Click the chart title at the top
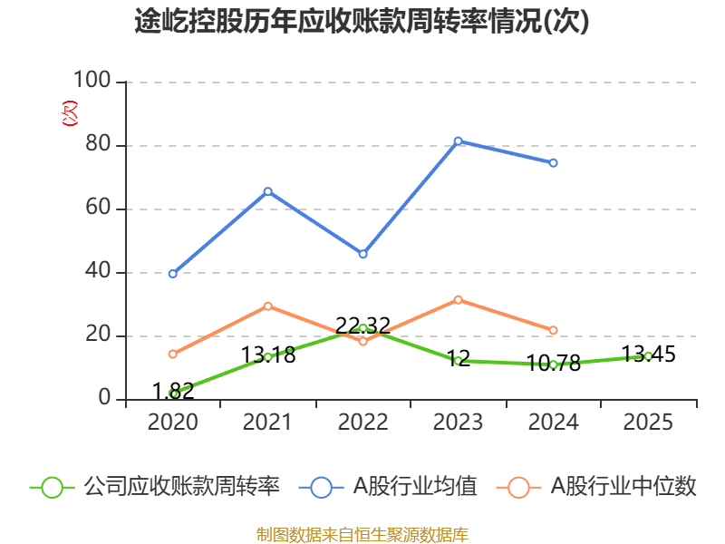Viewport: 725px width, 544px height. coord(362,22)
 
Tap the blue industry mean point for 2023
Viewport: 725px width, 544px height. coord(459,141)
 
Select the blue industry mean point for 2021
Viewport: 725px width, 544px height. coord(268,191)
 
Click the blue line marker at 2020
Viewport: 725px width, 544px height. coord(173,273)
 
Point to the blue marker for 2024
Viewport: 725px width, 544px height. coord(554,163)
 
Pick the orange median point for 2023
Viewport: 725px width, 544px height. coord(459,299)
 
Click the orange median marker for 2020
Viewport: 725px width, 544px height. coord(173,354)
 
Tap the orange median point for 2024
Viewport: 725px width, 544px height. coord(554,330)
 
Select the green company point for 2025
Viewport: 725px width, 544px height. coord(648,355)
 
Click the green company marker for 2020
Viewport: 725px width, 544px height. coord(173,393)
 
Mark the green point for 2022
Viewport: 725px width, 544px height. coord(363,328)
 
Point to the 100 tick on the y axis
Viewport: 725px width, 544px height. coord(92,82)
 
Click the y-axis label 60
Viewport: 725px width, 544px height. coord(98,209)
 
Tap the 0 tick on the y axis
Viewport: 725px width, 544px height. coord(104,399)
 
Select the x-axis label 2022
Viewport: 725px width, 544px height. coord(363,423)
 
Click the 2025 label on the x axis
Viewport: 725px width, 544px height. coord(648,423)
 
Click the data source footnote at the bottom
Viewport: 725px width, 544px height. coord(362,534)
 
